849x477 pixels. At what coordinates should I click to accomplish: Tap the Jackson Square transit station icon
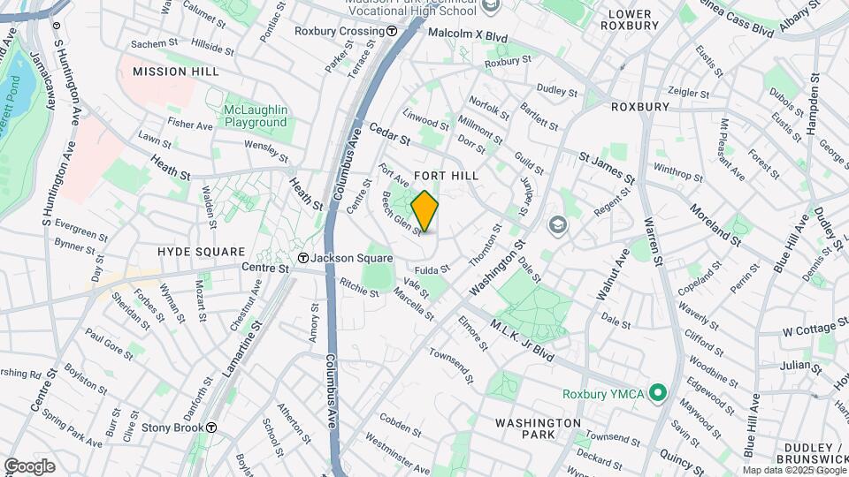[303, 258]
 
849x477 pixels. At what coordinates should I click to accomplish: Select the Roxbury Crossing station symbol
[392, 31]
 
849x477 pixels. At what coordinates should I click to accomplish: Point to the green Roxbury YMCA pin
[657, 392]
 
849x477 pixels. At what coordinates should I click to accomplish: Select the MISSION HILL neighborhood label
[171, 71]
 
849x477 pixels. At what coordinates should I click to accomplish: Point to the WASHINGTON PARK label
[538, 428]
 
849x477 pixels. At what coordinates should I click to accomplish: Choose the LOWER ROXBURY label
[630, 19]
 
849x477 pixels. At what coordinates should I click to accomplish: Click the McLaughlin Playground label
[255, 116]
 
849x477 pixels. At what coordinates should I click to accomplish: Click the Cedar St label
[390, 134]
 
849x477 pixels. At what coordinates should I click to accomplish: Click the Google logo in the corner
[28, 466]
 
